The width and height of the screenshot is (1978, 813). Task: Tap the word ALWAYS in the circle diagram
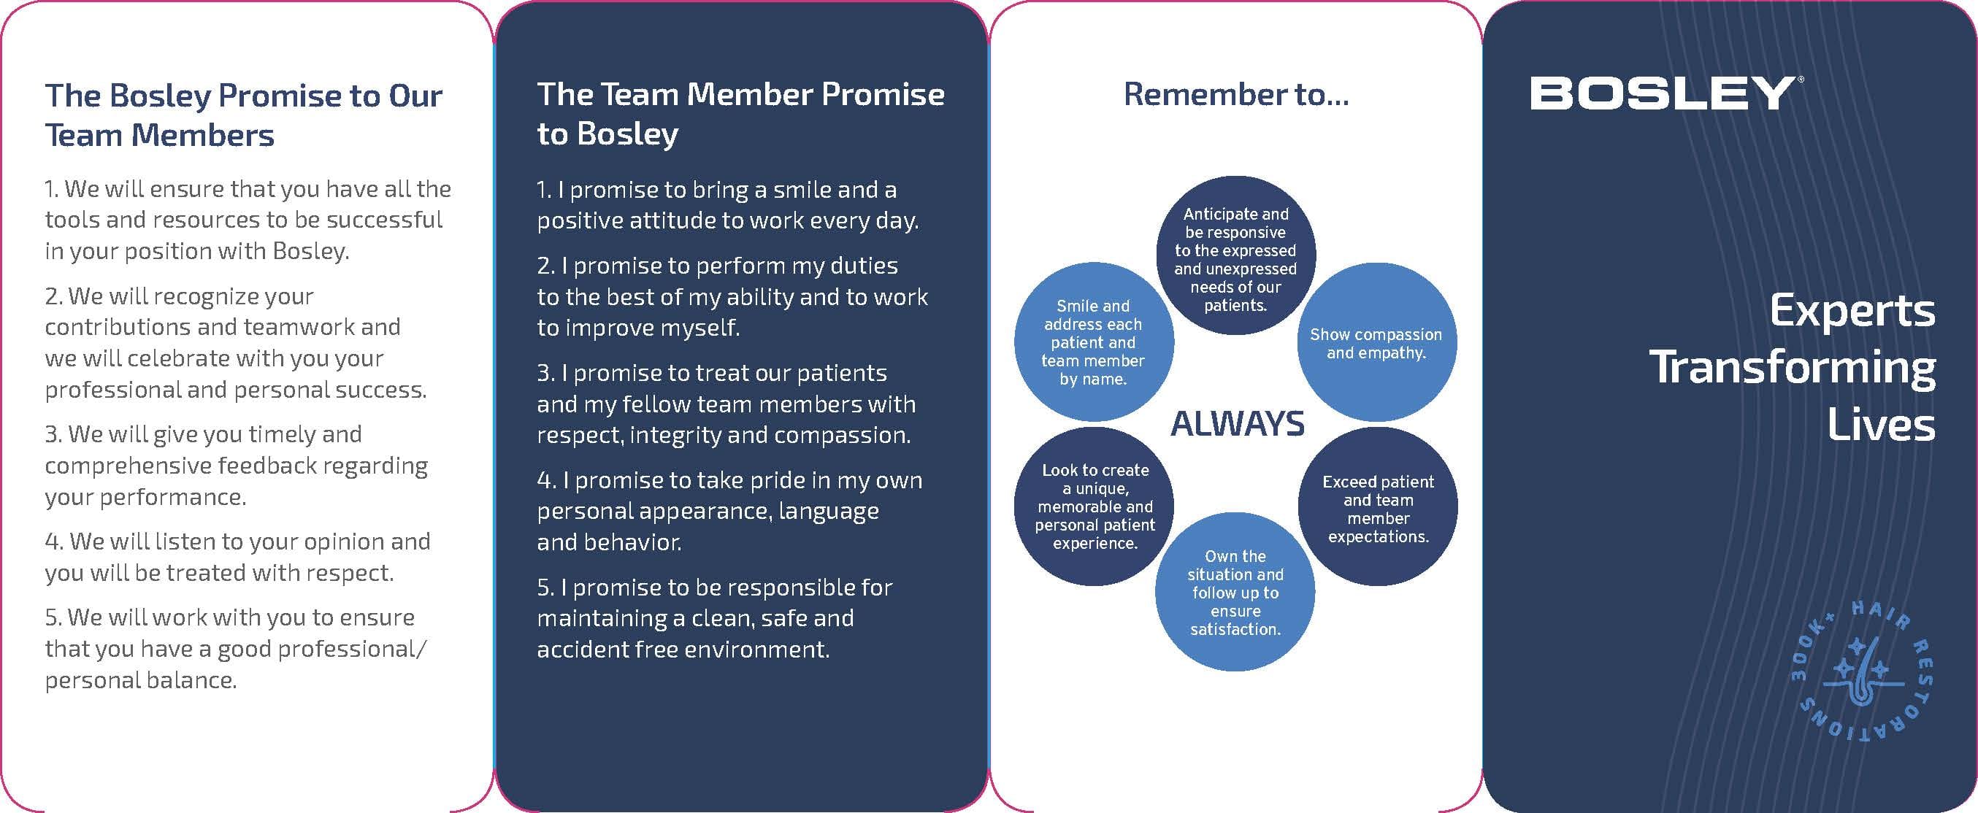[1237, 424]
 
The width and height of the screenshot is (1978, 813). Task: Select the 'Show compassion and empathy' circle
[1377, 342]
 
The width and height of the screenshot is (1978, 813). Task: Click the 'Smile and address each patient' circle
[1094, 342]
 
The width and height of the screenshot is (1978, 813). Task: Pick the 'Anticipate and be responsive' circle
[1235, 255]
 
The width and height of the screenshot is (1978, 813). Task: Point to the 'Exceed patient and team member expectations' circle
[1378, 506]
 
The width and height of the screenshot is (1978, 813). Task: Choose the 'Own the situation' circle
[1235, 592]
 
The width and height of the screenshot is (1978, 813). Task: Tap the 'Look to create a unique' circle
[1094, 506]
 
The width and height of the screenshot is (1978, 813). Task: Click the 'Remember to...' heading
[1236, 94]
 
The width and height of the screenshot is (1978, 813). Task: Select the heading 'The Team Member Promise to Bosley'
[740, 114]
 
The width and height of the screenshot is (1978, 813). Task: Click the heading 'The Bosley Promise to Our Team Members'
[243, 115]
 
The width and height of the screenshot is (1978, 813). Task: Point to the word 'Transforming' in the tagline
[1793, 368]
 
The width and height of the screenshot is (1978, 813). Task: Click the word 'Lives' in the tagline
[1881, 425]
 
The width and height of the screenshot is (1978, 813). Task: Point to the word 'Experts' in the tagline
[1852, 312]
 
